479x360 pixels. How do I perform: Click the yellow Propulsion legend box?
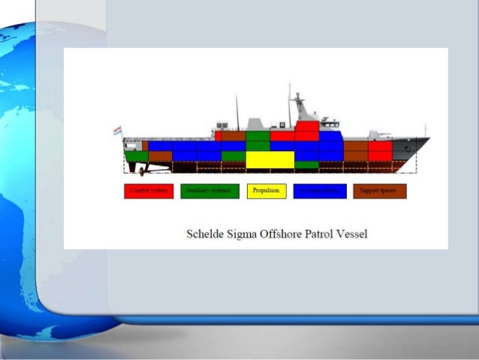pos(267,191)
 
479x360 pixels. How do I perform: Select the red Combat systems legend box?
pos(149,191)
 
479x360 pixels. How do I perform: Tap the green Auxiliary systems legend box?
pos(209,191)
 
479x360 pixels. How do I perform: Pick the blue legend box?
pos(320,191)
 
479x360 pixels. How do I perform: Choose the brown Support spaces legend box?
pos(379,191)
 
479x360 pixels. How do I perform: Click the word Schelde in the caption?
pos(205,234)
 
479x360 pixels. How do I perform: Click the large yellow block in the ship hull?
pos(270,159)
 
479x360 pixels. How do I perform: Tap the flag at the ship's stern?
pos(117,131)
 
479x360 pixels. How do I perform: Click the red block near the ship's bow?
pos(380,151)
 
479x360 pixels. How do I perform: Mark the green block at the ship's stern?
pos(136,156)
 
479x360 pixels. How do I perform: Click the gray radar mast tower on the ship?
pos(301,108)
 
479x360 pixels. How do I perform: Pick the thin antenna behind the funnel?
pos(237,113)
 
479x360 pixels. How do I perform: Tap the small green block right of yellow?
pos(306,165)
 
